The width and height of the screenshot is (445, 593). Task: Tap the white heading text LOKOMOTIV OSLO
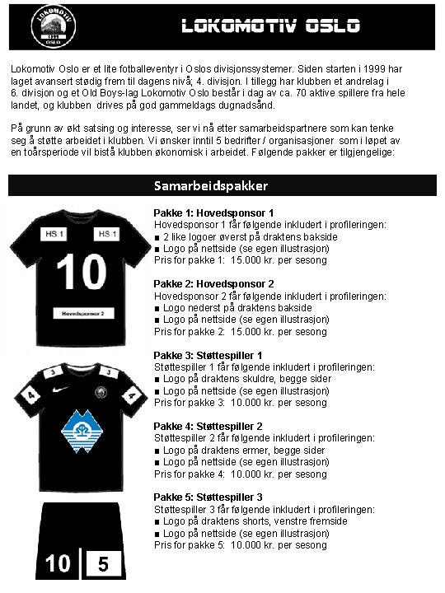(x=271, y=26)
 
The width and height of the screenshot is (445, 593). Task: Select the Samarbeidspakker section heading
(x=211, y=186)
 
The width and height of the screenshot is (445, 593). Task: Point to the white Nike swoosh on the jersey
(x=60, y=386)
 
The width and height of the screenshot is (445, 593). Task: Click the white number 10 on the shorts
(x=58, y=564)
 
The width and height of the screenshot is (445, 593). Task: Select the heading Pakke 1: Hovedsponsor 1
(x=213, y=213)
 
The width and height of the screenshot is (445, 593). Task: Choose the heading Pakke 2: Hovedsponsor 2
(x=213, y=284)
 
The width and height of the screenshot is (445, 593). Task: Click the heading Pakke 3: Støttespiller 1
(x=208, y=356)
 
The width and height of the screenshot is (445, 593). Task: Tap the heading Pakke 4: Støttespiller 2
(x=208, y=427)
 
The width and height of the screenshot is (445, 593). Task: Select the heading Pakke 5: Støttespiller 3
(x=208, y=497)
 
